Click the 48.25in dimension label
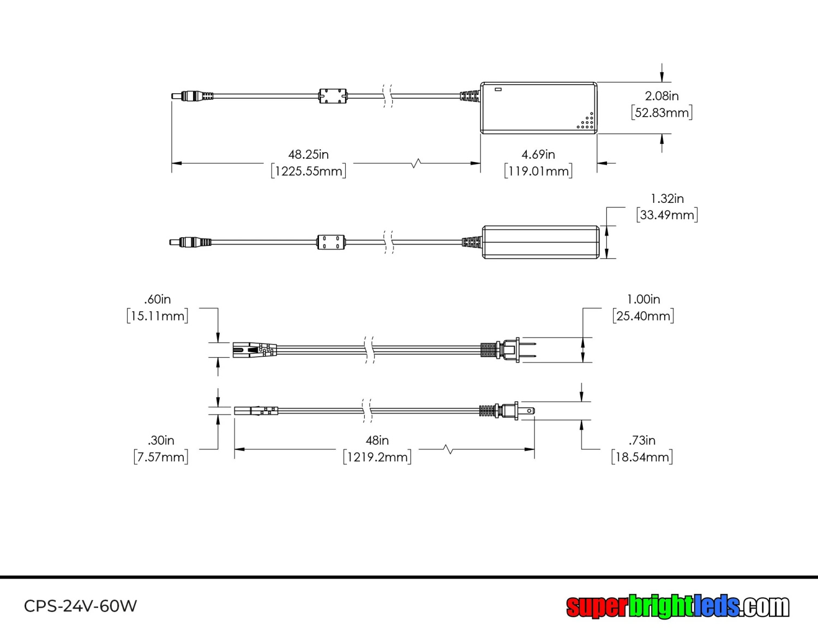308,154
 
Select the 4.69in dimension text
538,154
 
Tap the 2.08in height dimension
661,96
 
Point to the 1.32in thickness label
667,198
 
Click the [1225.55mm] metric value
309,171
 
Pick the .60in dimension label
158,299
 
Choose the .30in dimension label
161,440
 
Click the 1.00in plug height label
643,299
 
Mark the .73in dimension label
642,440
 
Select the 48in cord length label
377,440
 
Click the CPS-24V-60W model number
80,606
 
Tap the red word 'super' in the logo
597,606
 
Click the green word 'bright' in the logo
660,606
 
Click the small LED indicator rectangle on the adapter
498,89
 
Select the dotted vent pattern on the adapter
586,123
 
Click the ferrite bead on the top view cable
333,97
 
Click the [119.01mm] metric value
538,171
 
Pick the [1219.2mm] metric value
377,457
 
